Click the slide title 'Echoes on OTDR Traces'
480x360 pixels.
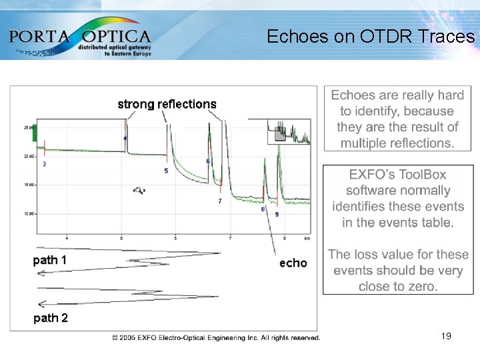(370, 37)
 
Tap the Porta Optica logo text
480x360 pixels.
(80, 35)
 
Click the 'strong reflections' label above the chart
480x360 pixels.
(167, 104)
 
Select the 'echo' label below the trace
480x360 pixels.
(293, 263)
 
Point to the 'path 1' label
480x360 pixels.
(50, 260)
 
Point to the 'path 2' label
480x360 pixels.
(51, 318)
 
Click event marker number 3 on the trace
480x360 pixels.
(44, 163)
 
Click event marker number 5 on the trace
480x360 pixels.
(166, 171)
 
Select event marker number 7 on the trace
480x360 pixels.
(219, 201)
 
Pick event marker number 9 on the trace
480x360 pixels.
(277, 214)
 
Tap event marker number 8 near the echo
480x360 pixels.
(263, 209)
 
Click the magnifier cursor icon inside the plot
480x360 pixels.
(139, 191)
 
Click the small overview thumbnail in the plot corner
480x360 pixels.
(289, 131)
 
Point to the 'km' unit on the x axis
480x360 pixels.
(307, 237)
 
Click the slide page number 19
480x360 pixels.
(446, 336)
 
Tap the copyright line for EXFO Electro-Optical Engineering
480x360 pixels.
(217, 337)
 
